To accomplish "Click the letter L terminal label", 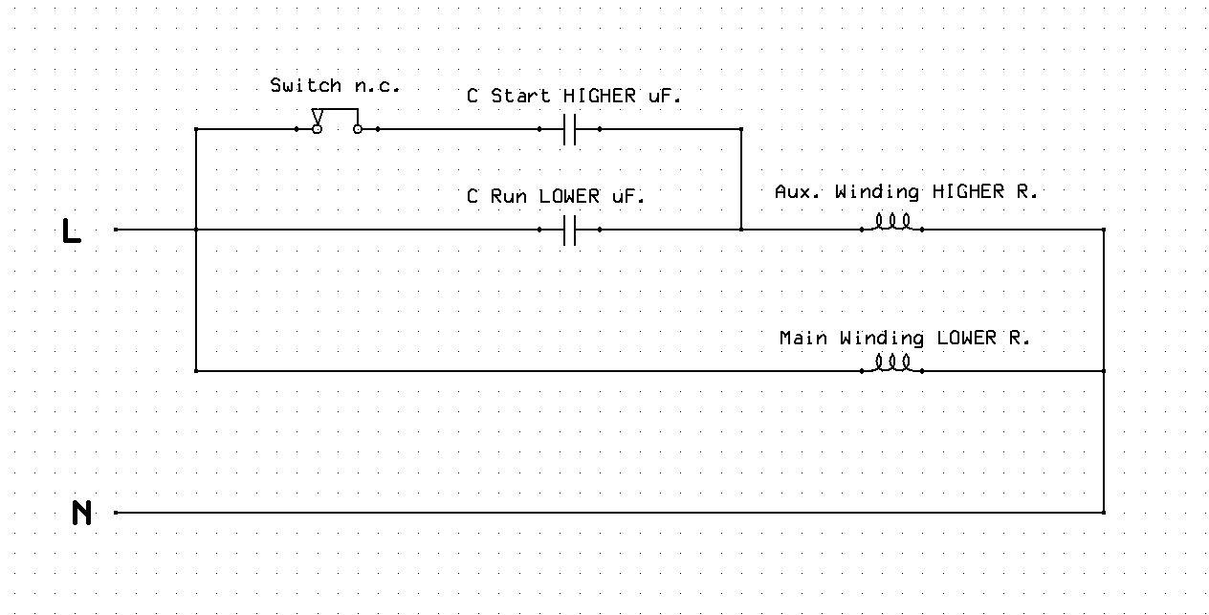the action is pos(72,231).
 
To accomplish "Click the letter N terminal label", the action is pos(81,513).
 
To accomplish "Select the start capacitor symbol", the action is pos(569,129).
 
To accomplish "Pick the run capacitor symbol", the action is pos(569,230).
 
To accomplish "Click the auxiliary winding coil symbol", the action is pos(892,223).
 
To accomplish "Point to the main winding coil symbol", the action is pos(892,364).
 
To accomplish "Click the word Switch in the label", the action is pos(305,85).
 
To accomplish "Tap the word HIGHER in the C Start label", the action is pos(599,96).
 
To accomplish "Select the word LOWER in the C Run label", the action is pos(569,196).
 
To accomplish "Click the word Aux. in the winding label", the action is pos(798,191).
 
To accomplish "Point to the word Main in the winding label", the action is pos(803,338).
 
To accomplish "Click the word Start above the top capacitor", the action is pos(520,96).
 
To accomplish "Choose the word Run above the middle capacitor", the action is pos(509,196).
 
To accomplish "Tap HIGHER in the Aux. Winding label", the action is pos(968,191).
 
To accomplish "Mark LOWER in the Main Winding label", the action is pos(966,338).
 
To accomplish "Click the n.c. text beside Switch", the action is pos(377,86).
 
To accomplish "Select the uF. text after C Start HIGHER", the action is pos(665,96).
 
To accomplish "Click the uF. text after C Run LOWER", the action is pos(628,196).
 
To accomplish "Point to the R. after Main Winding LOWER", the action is pos(1019,338).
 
